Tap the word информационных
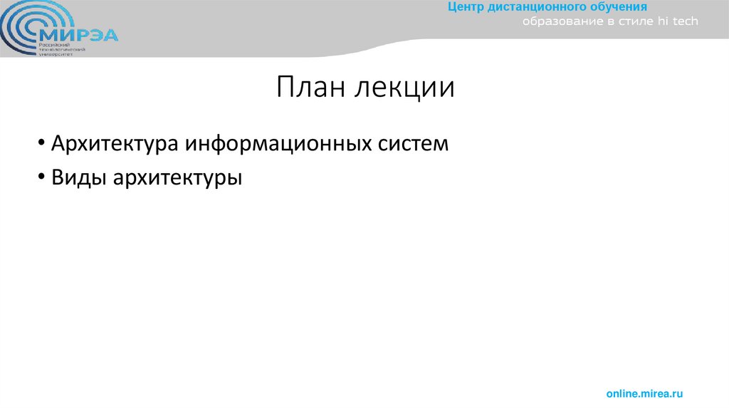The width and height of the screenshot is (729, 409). point(278,143)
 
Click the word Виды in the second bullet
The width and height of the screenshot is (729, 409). point(78,177)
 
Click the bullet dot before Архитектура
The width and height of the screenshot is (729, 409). point(43,144)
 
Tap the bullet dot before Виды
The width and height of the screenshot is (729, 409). point(43,178)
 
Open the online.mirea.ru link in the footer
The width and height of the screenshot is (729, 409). point(644,393)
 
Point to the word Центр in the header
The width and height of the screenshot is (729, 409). point(466,7)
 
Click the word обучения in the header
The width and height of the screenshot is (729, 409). point(614,7)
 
